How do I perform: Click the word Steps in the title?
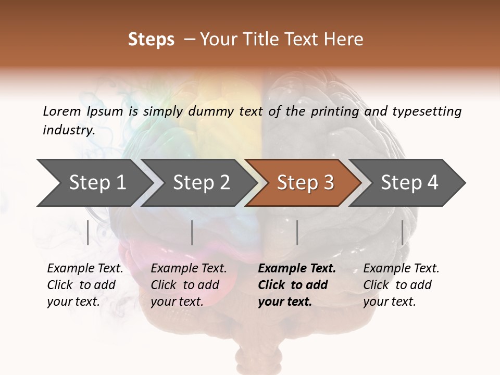tap(151, 40)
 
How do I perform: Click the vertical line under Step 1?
tap(88, 232)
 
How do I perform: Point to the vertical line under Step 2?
tap(192, 232)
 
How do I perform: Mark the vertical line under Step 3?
tap(297, 232)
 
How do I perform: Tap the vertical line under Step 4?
tap(402, 232)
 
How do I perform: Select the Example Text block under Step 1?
tap(85, 285)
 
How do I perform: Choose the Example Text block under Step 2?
tap(189, 285)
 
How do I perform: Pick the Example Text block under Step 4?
tap(401, 285)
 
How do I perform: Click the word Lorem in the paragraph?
tap(61, 111)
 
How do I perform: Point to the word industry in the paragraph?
tap(69, 130)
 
